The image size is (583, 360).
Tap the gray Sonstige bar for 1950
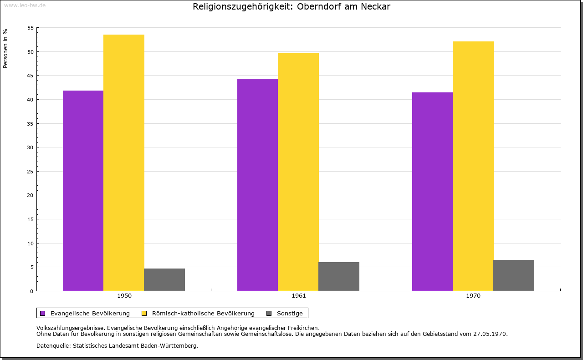click(164, 279)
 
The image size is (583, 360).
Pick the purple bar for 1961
click(257, 184)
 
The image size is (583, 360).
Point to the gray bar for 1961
click(339, 276)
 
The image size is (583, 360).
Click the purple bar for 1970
click(432, 191)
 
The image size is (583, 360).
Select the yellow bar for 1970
click(473, 166)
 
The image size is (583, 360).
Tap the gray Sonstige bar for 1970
click(514, 275)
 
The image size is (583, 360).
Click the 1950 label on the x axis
click(124, 296)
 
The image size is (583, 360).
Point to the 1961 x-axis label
click(299, 296)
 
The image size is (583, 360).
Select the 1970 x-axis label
click(473, 296)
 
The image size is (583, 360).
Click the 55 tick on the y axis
click(31, 28)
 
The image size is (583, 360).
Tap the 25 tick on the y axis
click(31, 172)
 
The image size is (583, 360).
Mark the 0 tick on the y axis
click(32, 291)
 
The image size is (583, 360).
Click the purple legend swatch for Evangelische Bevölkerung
click(43, 313)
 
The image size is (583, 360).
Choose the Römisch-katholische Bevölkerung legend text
click(203, 313)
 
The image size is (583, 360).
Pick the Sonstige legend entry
click(290, 313)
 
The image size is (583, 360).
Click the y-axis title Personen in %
click(5, 48)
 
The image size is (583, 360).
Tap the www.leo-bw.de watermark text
click(24, 5)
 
